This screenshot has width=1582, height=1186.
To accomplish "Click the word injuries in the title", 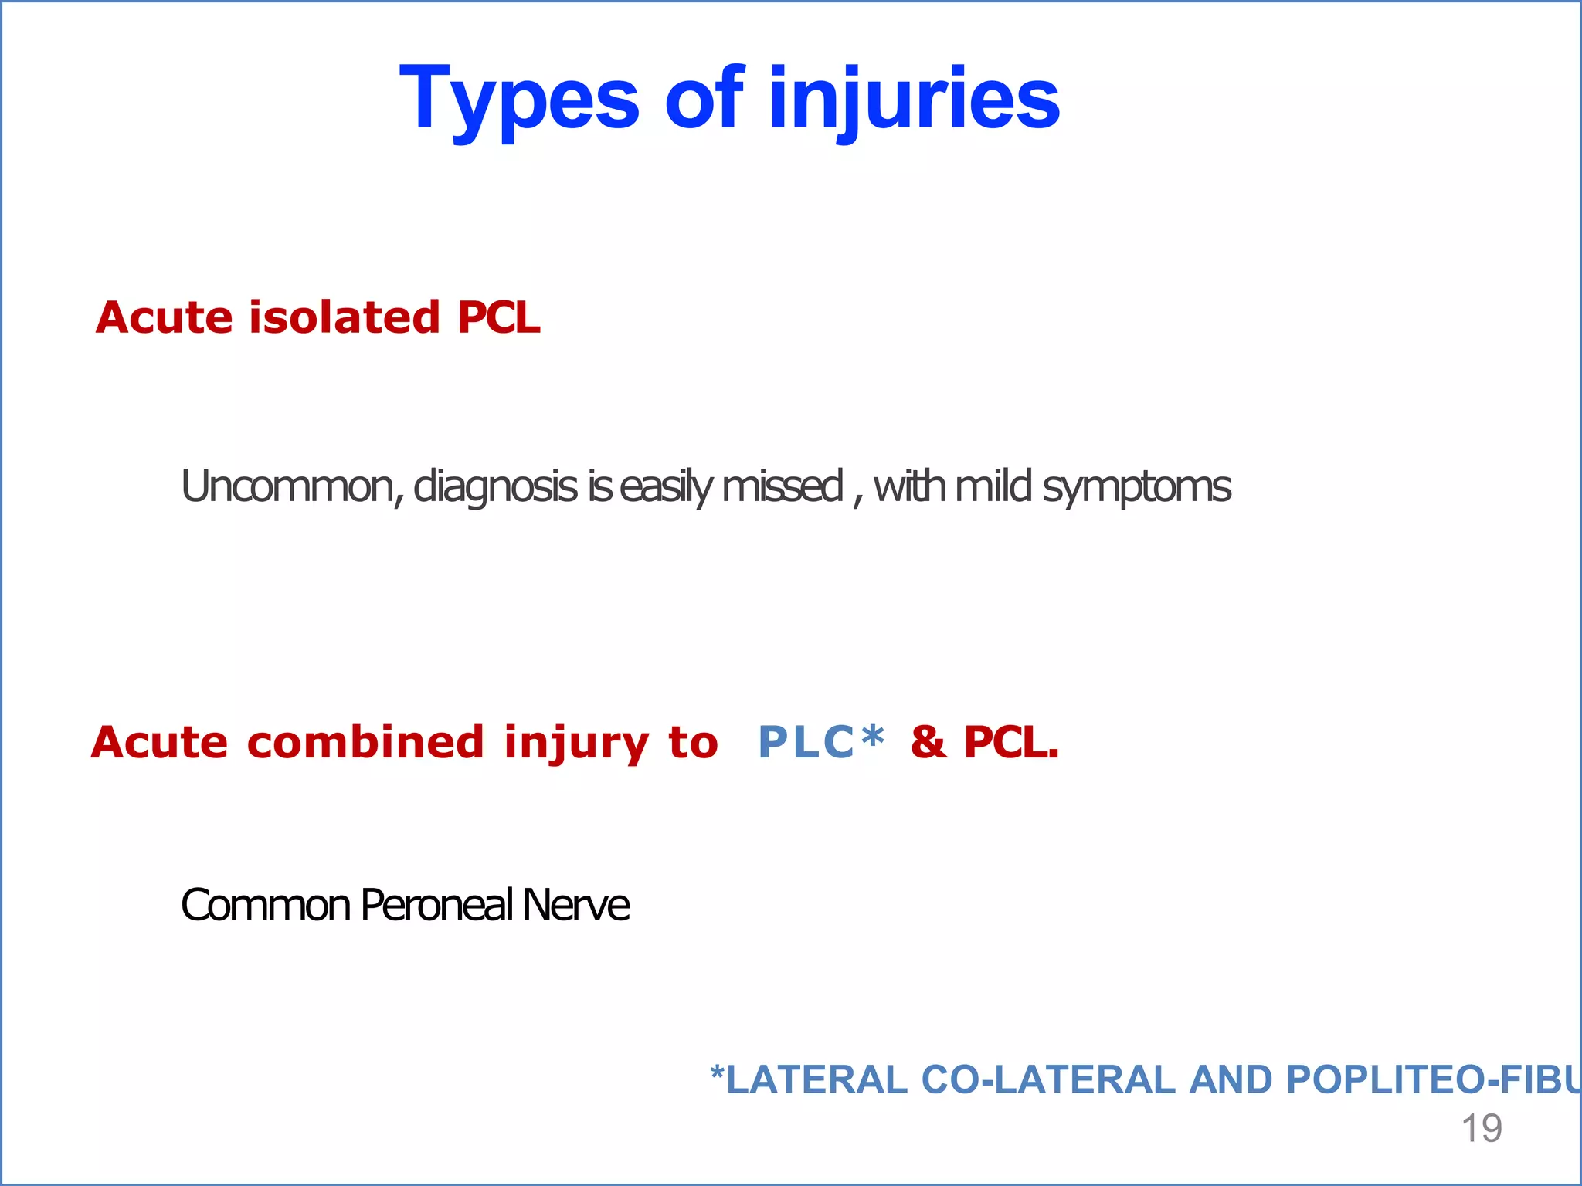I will coord(915,100).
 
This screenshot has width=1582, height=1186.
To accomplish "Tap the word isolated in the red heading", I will coord(344,317).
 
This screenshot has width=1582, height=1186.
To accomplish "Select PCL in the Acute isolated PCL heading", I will coord(498,317).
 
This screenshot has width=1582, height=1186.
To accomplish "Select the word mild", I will coord(993,486).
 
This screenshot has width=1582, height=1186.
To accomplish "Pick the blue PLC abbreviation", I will coord(806,742).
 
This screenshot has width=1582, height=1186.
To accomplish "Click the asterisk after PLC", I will coord(873,737).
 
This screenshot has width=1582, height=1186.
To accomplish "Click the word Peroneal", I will coord(436,905).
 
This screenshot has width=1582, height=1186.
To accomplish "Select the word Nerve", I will coord(576,905).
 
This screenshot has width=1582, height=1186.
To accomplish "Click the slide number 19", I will coord(1481,1128).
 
